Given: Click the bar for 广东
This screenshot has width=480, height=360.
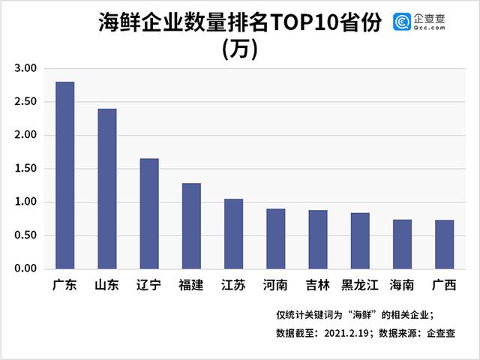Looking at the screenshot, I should pos(64,175).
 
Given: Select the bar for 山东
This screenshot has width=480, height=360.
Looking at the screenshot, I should pos(106,189).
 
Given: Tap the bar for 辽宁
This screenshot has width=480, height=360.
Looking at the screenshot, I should pos(149,214).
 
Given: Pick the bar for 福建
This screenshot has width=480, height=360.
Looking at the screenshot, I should pos(191,226).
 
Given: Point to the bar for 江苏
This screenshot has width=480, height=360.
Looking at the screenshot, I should pos(233,234).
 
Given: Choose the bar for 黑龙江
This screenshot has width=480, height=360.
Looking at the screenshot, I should pos(360,241).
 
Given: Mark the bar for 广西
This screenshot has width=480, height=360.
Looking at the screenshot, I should pos(444,244).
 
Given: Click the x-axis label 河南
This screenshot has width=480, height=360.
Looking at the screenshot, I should pos(275,286).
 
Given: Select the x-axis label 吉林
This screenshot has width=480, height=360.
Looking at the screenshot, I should pos(317,286).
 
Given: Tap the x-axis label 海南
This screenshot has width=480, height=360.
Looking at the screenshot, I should pos(402,286).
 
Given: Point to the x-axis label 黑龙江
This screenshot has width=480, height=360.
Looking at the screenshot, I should pos(360,286).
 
